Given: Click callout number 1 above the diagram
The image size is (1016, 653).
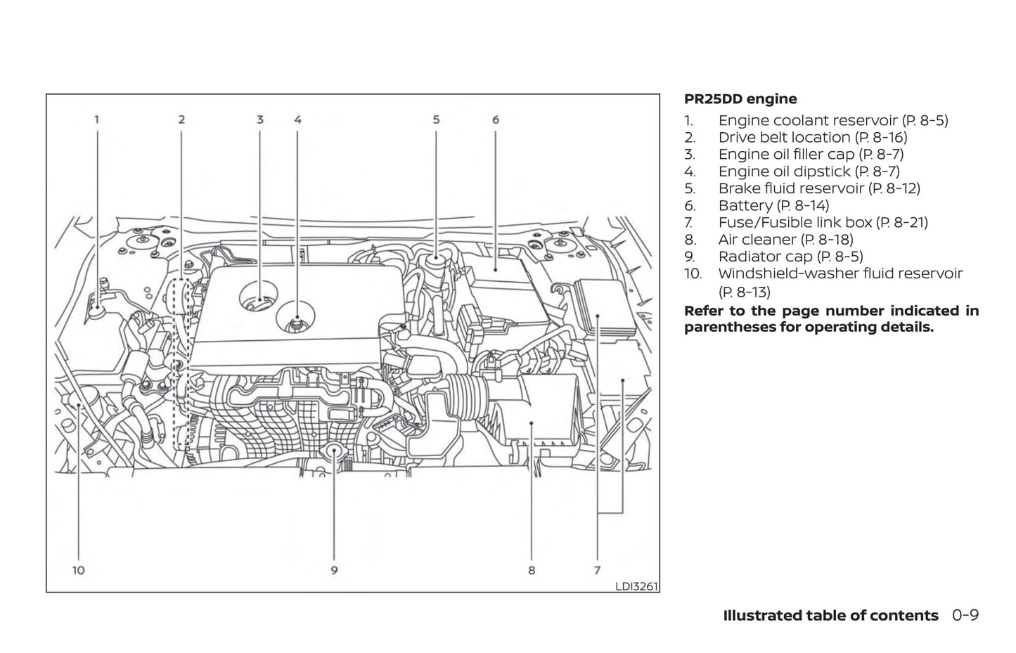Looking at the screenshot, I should coord(97,120).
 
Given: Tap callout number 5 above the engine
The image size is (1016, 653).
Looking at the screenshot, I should coord(436,120).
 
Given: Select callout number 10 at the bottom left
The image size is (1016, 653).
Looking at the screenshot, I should coord(78,570).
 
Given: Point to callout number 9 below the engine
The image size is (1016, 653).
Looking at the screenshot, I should coord(334,570).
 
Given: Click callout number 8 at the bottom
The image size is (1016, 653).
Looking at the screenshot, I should coord(532,570).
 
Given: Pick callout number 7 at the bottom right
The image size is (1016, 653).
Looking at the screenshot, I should coord(597,570).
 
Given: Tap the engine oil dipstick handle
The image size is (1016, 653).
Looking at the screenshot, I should coord(298,321).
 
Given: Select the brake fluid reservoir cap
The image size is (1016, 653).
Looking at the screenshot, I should coord(436,260).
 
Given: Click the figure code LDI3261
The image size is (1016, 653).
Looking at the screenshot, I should coord(636,586).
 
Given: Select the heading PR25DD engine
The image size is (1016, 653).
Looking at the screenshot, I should coord(740,99).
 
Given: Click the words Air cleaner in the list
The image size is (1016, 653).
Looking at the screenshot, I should coord(757,240).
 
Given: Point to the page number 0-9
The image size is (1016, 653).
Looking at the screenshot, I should coord(965,616).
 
